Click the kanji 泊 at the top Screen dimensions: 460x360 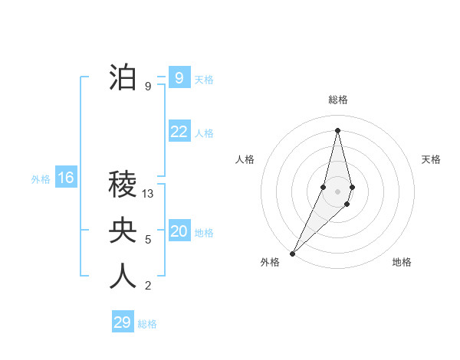(123, 78)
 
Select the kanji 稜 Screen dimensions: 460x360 (123, 185)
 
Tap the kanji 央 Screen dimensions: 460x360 (123, 231)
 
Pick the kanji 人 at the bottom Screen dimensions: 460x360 (123, 277)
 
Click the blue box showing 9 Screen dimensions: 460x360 (179, 77)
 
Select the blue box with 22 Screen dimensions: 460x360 (179, 132)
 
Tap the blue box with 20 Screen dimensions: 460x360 (179, 231)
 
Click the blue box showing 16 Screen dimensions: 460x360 (66, 178)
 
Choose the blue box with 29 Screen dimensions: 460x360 (123, 322)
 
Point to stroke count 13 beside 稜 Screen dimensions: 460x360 (148, 194)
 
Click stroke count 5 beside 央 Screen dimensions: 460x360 (148, 240)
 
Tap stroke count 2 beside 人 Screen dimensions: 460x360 (148, 286)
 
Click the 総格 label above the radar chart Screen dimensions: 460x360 (338, 100)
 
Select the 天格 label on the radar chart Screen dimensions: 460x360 (431, 159)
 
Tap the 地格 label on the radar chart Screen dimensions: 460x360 (402, 262)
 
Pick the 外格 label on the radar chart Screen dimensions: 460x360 (270, 262)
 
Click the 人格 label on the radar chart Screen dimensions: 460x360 (245, 159)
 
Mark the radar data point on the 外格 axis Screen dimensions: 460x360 (293, 253)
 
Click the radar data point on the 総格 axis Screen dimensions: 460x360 (338, 131)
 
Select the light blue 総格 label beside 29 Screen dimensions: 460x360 (147, 324)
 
